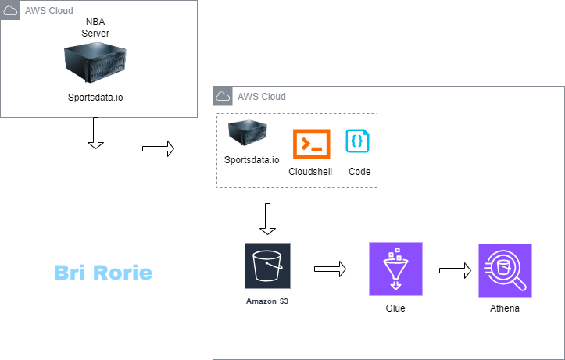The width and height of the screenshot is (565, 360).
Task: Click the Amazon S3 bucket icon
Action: tap(267, 266)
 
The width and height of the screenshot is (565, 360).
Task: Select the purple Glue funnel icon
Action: tap(395, 269)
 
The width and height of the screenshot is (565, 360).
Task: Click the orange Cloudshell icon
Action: tap(311, 144)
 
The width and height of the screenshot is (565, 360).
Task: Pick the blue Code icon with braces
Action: tap(358, 141)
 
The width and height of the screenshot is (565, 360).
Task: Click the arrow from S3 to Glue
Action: tap(330, 269)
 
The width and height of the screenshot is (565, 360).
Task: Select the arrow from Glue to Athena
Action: tap(455, 270)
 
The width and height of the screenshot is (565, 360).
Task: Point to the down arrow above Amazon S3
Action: tap(267, 219)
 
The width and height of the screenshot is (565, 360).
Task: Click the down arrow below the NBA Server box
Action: tap(95, 134)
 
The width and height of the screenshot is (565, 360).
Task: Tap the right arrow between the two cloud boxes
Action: tap(158, 149)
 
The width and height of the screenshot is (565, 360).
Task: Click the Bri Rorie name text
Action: tap(103, 273)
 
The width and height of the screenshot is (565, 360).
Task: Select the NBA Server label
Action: tap(95, 28)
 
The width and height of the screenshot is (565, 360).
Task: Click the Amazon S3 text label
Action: tap(267, 301)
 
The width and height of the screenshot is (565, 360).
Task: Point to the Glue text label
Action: tap(395, 308)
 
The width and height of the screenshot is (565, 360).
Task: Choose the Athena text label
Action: tap(505, 308)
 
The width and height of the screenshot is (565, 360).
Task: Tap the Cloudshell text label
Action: tap(310, 172)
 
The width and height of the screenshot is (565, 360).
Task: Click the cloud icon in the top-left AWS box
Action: tap(11, 12)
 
